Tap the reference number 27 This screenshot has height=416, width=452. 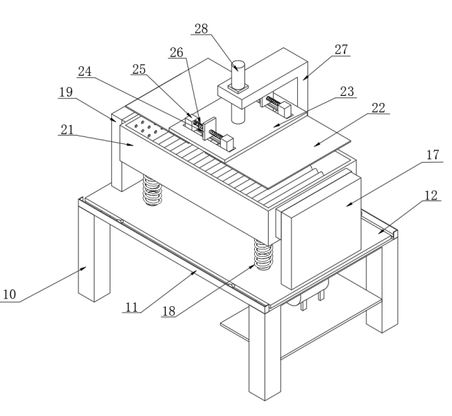[342, 49]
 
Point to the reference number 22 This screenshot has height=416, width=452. [378, 108]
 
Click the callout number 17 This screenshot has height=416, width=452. [432, 154]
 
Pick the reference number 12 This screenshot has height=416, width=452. [432, 195]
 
